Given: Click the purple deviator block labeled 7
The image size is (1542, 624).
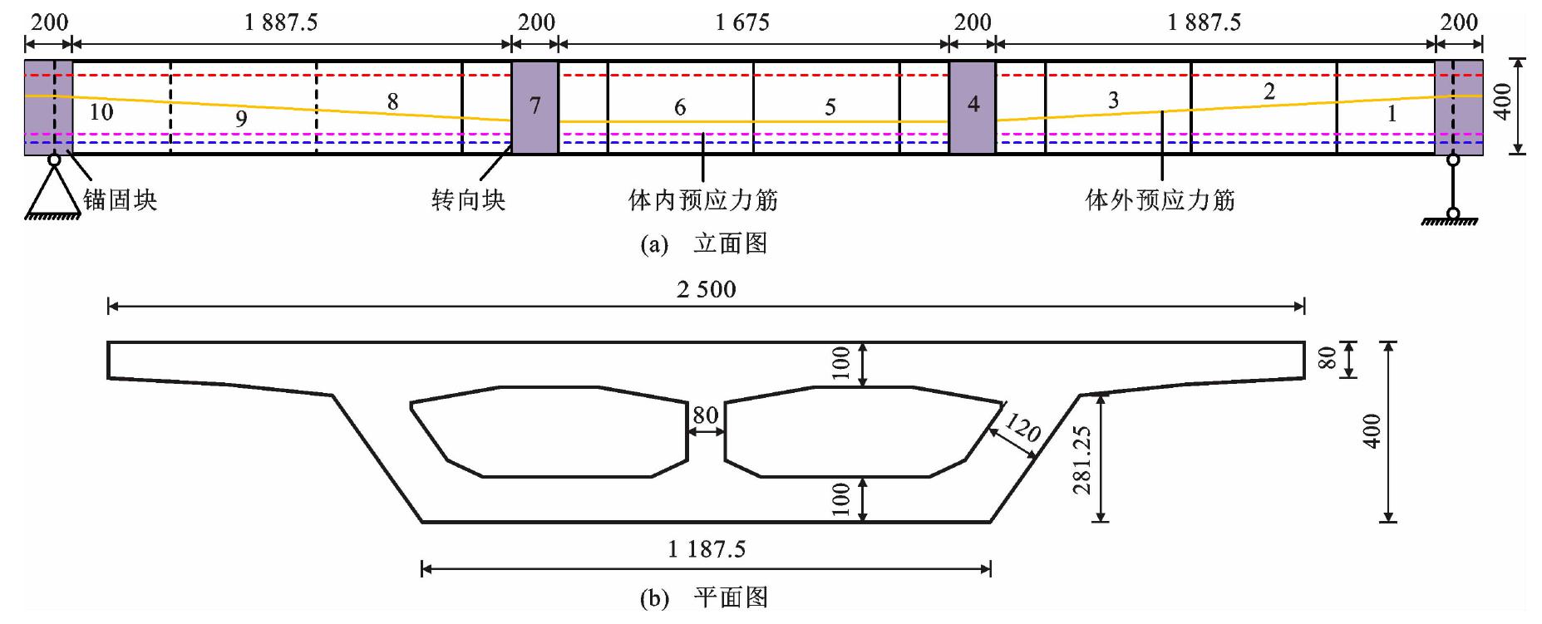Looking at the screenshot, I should (x=535, y=106).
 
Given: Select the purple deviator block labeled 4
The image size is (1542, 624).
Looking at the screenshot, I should (x=973, y=106).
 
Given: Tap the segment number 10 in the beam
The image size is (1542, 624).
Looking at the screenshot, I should (x=101, y=111).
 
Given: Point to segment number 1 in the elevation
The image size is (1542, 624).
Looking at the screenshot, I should (x=1392, y=115).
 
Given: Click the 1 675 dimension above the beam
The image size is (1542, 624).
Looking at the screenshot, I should (x=742, y=22).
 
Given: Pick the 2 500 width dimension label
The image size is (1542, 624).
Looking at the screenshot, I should (x=706, y=289).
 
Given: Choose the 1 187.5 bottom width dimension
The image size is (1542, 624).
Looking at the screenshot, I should (x=706, y=548).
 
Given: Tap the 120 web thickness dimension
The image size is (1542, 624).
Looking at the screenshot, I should (x=1022, y=429).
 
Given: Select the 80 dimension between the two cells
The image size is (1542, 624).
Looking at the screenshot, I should (x=706, y=415).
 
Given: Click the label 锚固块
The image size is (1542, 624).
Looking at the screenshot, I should (x=120, y=200).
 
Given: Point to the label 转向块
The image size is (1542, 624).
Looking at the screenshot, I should (x=468, y=200).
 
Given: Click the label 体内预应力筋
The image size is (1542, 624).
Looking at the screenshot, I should (x=703, y=200).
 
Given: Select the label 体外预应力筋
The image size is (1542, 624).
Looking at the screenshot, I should (x=1160, y=200).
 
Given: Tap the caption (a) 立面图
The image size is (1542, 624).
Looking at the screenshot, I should (x=704, y=243).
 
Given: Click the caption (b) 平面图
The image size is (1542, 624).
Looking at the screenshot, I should (x=704, y=597).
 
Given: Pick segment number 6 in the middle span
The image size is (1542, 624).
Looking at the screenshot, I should (x=680, y=107).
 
